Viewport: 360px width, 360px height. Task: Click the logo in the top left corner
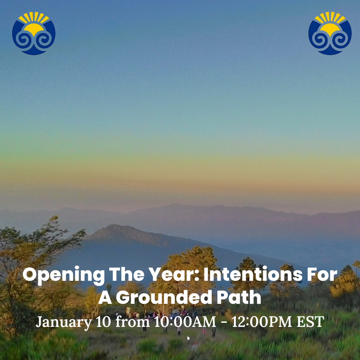tap(34, 33)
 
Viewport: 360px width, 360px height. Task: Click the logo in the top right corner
tap(330, 33)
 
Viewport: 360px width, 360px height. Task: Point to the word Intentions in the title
tap(253, 274)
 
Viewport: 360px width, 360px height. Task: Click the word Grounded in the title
tap(164, 297)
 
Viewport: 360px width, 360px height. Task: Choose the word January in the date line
tap(64, 322)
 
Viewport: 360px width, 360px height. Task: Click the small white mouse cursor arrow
tap(188, 338)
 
